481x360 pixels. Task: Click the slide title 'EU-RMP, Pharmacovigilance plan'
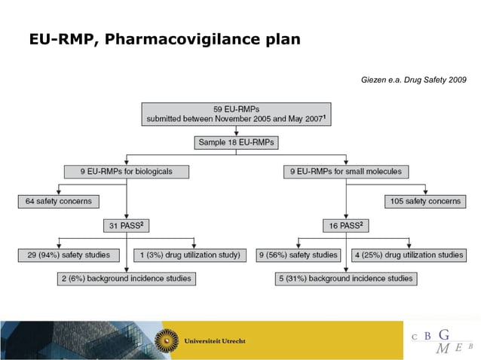164,38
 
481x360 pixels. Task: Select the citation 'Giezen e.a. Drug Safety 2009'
414,79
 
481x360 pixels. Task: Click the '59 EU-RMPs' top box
236,114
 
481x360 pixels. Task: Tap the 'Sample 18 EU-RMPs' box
236,142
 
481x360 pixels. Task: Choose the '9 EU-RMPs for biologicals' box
127,171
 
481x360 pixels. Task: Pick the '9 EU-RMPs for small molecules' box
347,171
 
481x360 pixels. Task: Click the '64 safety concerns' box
59,201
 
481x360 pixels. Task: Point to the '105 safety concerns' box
425,201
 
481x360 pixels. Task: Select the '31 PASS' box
127,225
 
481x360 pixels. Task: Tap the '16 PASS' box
347,225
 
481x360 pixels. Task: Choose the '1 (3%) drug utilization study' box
189,255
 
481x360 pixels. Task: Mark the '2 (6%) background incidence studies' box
126,279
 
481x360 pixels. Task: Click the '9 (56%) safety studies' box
299,255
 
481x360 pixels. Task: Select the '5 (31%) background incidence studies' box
347,279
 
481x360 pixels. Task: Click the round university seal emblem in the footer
167,340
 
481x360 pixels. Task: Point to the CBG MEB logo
442,340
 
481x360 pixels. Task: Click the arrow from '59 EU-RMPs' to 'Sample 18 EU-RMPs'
236,130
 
